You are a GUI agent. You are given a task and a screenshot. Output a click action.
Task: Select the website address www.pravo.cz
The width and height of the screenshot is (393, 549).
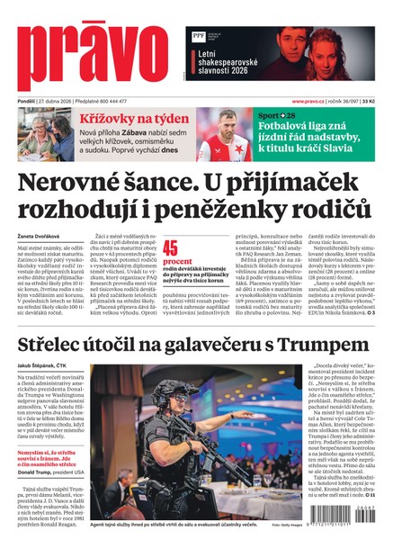point(313,101)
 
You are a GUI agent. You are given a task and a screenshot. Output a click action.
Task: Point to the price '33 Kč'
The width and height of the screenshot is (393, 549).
point(369,101)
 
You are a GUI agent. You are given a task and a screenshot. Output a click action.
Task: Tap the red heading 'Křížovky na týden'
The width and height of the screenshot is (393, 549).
point(121,118)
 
